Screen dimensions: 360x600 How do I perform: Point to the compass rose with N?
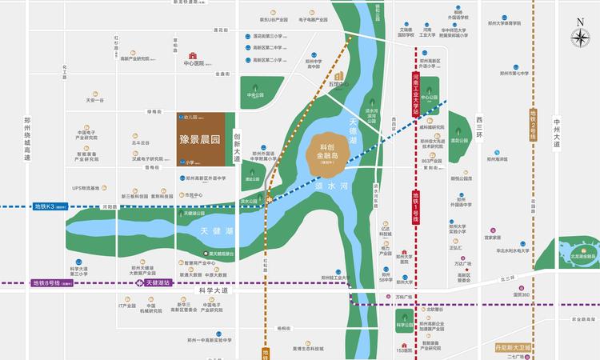pos(578,37)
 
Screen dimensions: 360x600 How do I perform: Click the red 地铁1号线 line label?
pos(415,207)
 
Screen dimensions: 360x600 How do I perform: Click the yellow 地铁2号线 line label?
pos(534,136)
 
